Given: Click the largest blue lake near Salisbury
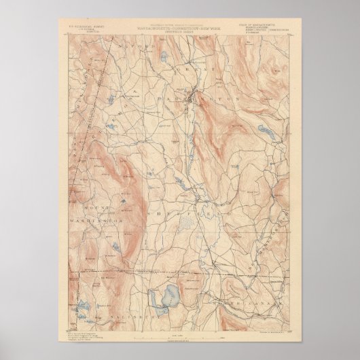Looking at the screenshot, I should click(x=166, y=298).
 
